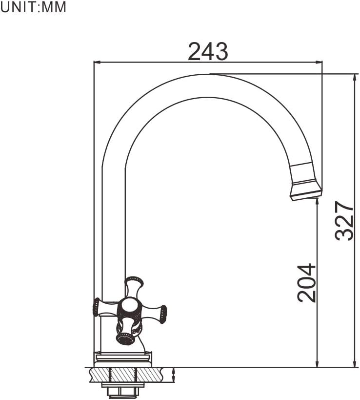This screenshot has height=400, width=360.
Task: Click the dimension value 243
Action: coord(208,51)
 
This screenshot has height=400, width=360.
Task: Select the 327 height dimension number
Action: coord(345,221)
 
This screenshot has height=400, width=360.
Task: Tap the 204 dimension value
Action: coord(307,283)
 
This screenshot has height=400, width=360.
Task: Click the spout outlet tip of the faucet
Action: coord(306,195)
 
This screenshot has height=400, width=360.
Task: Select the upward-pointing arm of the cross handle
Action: coord(133,285)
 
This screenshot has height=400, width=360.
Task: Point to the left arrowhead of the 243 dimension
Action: coord(97,62)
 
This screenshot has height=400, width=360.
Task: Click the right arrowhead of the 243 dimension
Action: coord(319,62)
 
